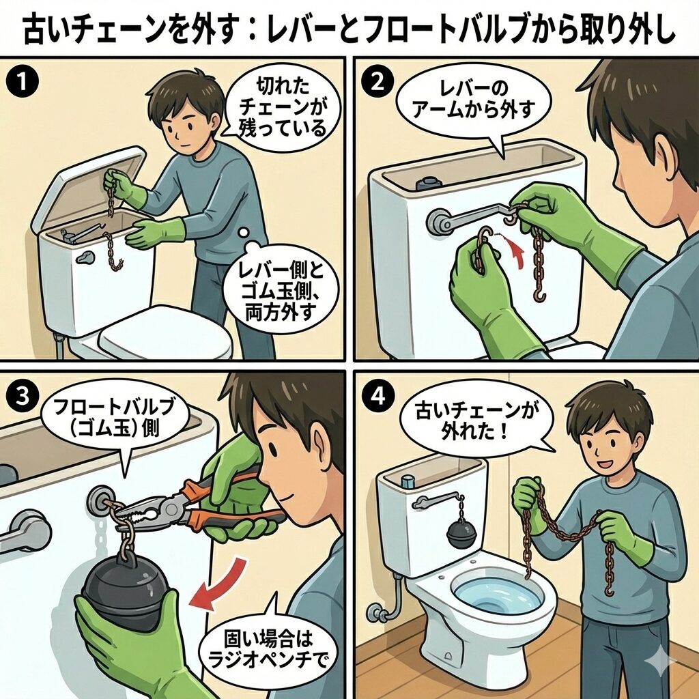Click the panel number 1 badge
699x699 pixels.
click(x=22, y=83)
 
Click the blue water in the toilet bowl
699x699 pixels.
click(x=497, y=595)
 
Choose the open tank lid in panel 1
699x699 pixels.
click(x=87, y=188)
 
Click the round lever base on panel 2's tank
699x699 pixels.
click(x=439, y=222)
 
